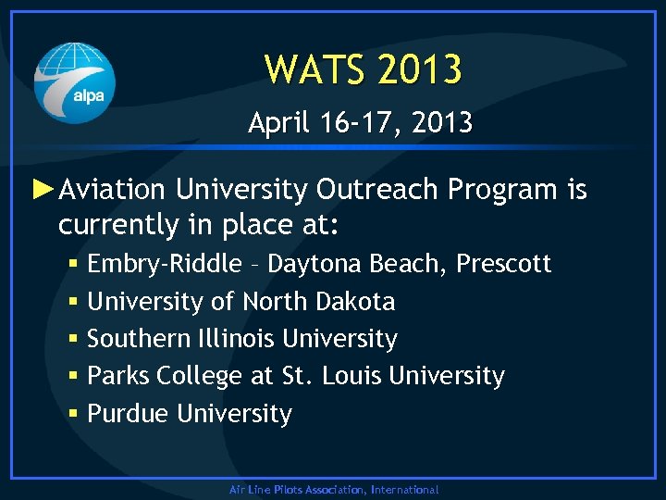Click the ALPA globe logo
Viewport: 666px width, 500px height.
click(75, 83)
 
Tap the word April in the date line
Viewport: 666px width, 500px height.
click(275, 122)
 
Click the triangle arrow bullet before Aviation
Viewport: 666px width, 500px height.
click(43, 189)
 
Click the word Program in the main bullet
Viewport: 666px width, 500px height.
click(503, 190)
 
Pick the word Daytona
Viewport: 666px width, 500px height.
click(315, 264)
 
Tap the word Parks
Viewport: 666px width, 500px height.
click(117, 376)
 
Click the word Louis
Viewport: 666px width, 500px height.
click(353, 376)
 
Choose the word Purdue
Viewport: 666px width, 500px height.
click(128, 414)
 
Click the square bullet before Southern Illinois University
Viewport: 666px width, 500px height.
click(73, 340)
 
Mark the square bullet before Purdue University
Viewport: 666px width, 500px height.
click(73, 415)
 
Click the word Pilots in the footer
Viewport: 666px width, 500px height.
click(286, 490)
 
